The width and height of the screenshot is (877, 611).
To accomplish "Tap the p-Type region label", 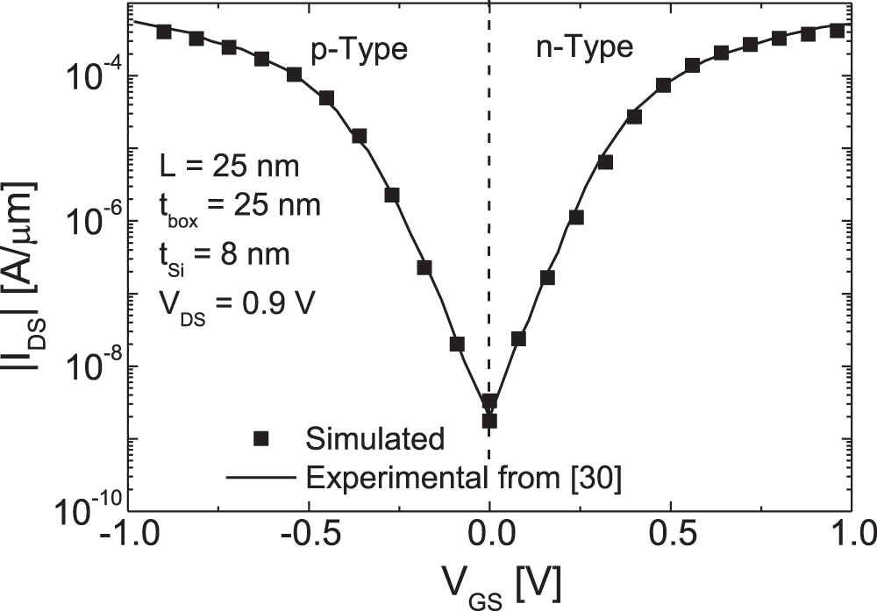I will (x=360, y=48).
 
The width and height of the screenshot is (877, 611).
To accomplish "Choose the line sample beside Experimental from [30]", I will (x=260, y=479).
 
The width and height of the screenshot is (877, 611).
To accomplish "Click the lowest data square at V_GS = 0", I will (x=489, y=421).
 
